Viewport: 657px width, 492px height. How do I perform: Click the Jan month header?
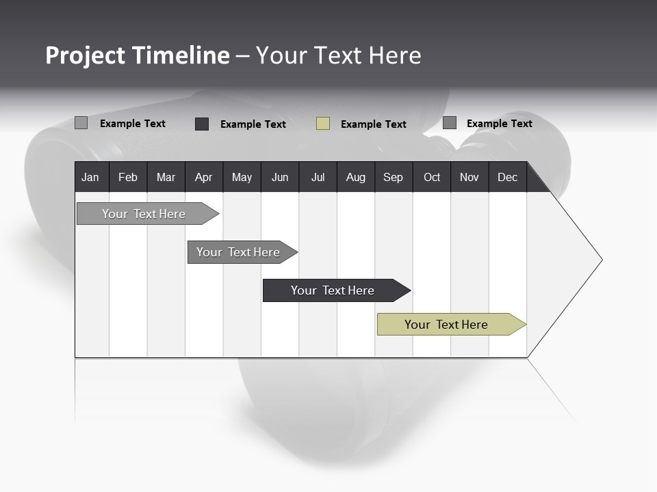tap(90, 177)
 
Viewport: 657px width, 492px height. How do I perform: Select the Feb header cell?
tap(128, 177)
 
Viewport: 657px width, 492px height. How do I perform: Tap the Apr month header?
tap(203, 177)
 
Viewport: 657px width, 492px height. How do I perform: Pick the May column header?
tap(242, 177)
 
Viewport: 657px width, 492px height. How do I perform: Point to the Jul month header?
tap(318, 177)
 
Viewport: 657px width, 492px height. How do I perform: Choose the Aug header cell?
tap(355, 177)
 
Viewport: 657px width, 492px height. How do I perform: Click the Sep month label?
tap(393, 177)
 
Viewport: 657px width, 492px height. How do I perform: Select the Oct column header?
tap(432, 177)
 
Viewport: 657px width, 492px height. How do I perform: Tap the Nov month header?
tap(469, 177)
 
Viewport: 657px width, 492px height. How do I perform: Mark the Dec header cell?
tap(507, 177)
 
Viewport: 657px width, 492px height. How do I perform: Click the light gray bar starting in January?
tap(144, 214)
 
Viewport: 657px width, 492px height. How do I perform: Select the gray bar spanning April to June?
tap(238, 252)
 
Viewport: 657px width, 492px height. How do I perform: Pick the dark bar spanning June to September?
tap(333, 290)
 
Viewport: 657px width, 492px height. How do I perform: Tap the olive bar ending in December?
tap(446, 325)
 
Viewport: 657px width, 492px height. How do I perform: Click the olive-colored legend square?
tap(323, 124)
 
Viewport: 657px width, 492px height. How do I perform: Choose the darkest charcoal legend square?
tap(202, 124)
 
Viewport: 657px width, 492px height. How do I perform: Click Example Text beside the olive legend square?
tap(373, 124)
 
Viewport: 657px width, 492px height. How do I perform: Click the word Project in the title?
tap(86, 55)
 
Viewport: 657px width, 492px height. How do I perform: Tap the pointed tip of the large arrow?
tap(600, 260)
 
